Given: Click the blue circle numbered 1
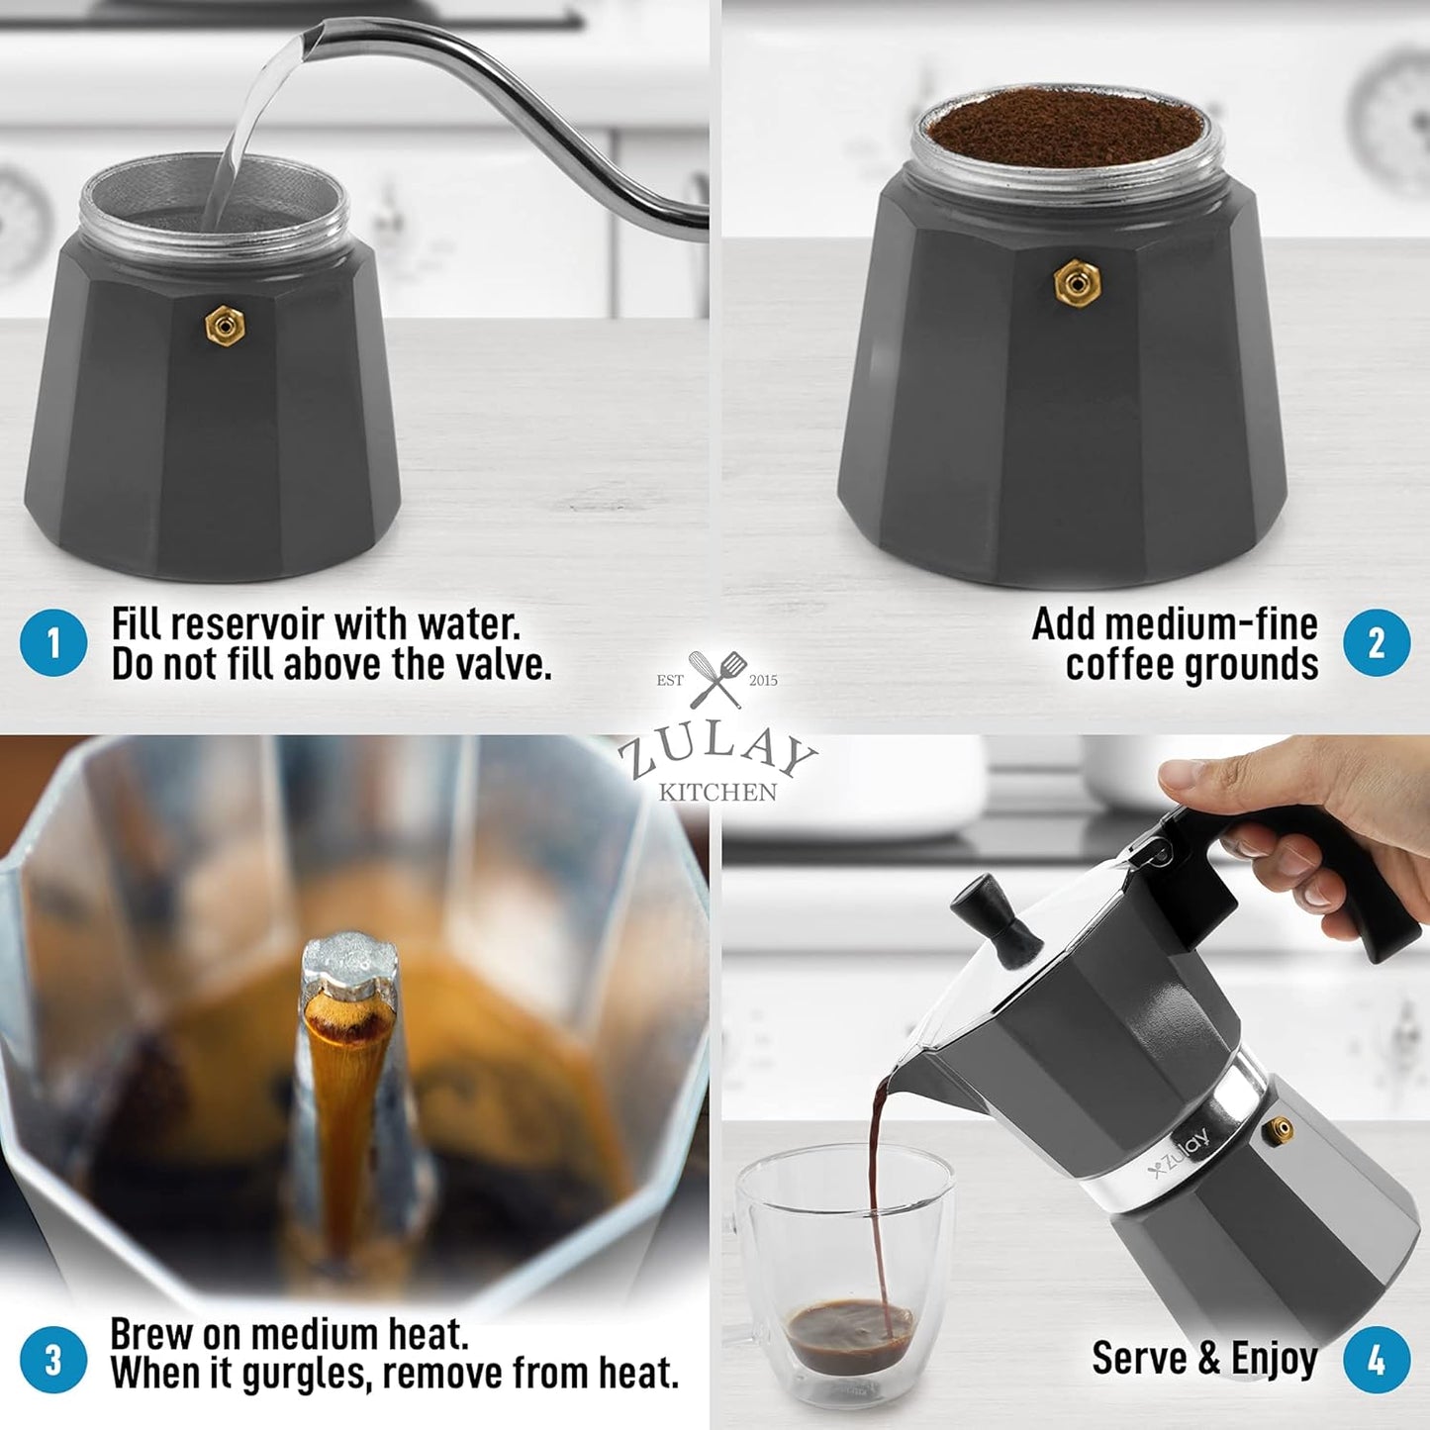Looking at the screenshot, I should pyautogui.click(x=53, y=643).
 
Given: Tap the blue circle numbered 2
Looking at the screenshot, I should pyautogui.click(x=1377, y=643).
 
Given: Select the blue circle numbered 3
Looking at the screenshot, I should pyautogui.click(x=53, y=1359).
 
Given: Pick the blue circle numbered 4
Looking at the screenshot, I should pyautogui.click(x=1377, y=1359).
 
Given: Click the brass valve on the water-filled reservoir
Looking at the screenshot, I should pyautogui.click(x=225, y=325).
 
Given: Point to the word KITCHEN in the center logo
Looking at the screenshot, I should pyautogui.click(x=717, y=792).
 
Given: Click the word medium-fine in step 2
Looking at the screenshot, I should pyautogui.click(x=1175, y=624).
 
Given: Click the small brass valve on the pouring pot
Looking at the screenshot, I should pyautogui.click(x=1282, y=1127).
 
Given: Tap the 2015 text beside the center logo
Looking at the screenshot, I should pyautogui.click(x=763, y=680).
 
